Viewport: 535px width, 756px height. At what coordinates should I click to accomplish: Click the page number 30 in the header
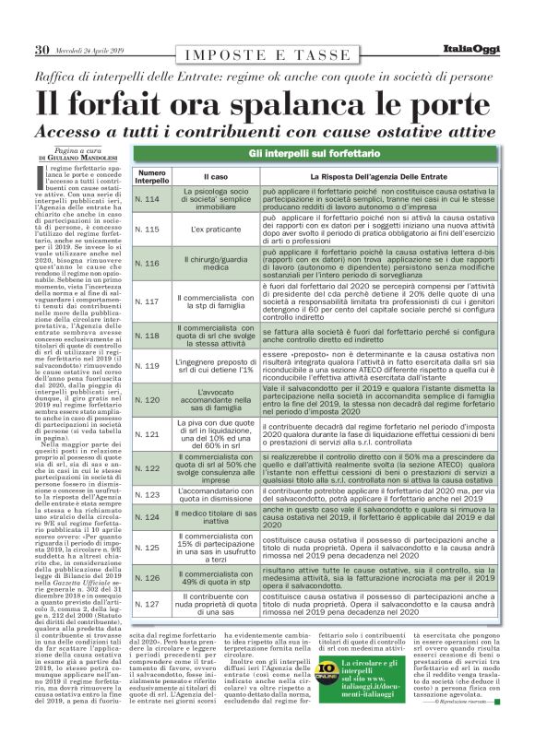pyautogui.click(x=42, y=50)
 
